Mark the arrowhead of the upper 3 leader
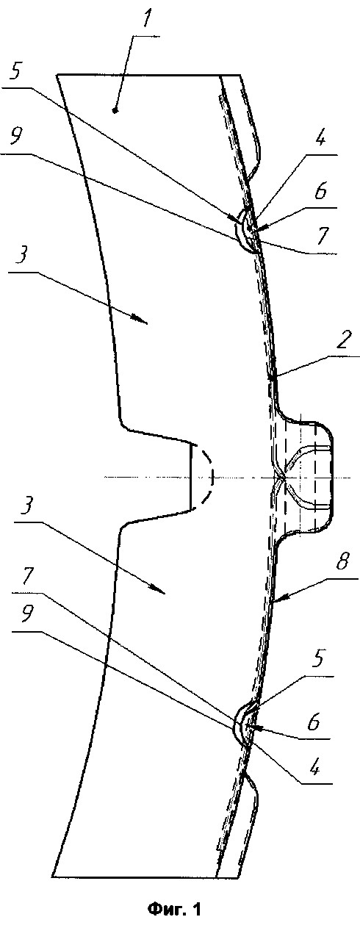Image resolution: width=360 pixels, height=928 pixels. (x=141, y=320)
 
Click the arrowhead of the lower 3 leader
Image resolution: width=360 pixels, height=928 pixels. (x=159, y=591)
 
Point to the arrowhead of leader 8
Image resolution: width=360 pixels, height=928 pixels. (x=277, y=598)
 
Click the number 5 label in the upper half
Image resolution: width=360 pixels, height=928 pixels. (x=15, y=73)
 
